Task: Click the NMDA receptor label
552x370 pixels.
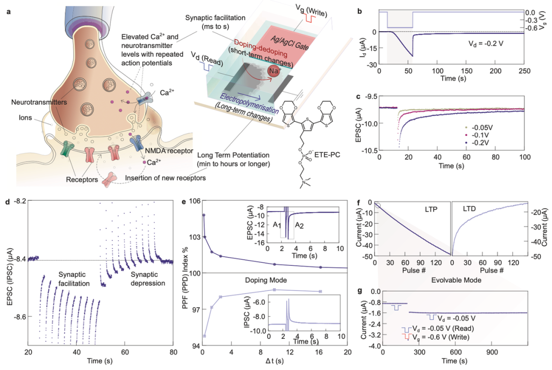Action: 171,151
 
